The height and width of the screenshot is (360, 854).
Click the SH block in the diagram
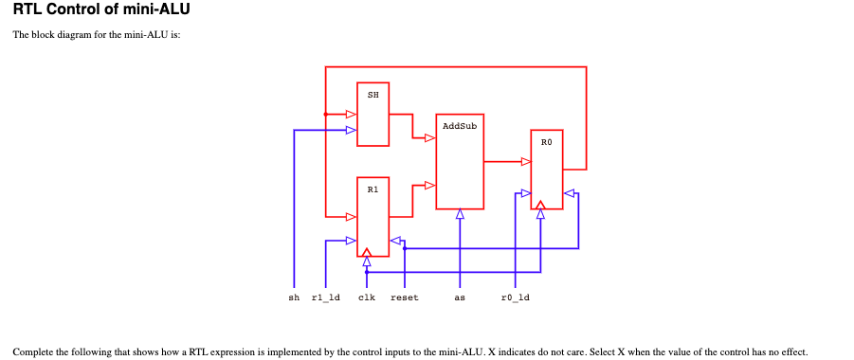[372, 115]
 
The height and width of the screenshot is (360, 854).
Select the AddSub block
[460, 161]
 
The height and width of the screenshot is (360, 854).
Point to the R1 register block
[372, 216]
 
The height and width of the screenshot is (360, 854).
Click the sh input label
[294, 297]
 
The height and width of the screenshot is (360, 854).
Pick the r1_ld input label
[325, 297]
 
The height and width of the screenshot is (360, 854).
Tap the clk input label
[367, 297]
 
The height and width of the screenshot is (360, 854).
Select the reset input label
[405, 297]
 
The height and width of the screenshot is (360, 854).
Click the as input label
[460, 297]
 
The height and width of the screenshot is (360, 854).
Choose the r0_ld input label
[515, 297]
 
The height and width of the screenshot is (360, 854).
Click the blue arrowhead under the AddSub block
[460, 214]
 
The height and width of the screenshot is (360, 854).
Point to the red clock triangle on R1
[367, 251]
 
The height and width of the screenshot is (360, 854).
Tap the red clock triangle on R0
[539, 204]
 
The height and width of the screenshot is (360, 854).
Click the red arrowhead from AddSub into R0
[525, 161]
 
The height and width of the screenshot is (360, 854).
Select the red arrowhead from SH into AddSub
[429, 138]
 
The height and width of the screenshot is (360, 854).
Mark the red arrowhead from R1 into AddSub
[429, 185]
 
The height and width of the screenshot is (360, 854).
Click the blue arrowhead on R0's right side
[569, 193]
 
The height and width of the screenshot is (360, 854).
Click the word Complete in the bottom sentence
[32, 351]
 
